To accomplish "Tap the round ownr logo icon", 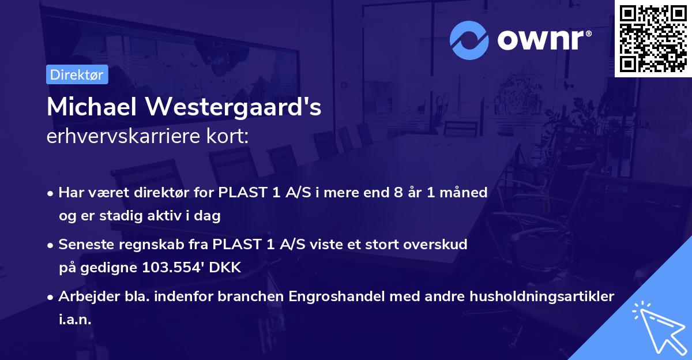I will (469, 40).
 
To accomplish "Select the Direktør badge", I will (77, 74).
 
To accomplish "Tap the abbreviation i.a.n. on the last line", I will (75, 320).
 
